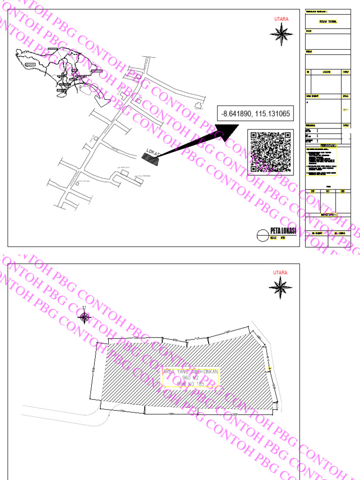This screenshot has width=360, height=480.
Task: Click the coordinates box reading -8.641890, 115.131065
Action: click(x=256, y=113)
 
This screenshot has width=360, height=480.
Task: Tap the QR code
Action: click(x=269, y=152)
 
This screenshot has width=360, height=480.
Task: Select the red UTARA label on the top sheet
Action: click(x=281, y=19)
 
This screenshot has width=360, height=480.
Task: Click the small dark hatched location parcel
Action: click(x=151, y=158)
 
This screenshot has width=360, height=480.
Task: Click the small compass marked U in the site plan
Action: click(x=84, y=317)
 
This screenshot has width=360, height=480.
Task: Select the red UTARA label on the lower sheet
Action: click(x=280, y=272)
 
